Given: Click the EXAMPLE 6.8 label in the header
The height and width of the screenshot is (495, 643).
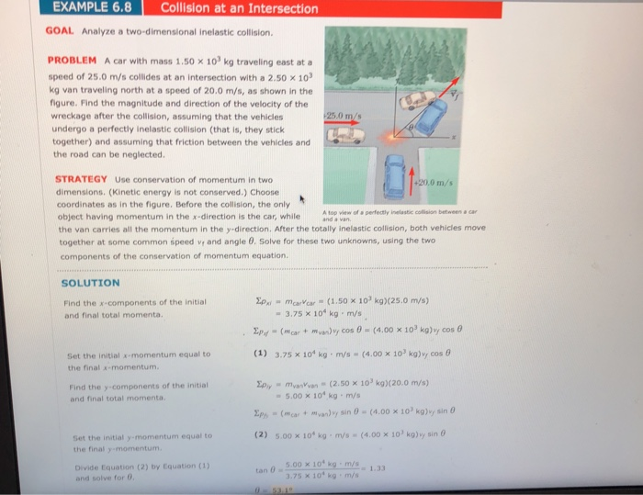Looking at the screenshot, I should (x=90, y=8).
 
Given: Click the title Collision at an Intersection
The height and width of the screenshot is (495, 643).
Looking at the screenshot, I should (x=238, y=9).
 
